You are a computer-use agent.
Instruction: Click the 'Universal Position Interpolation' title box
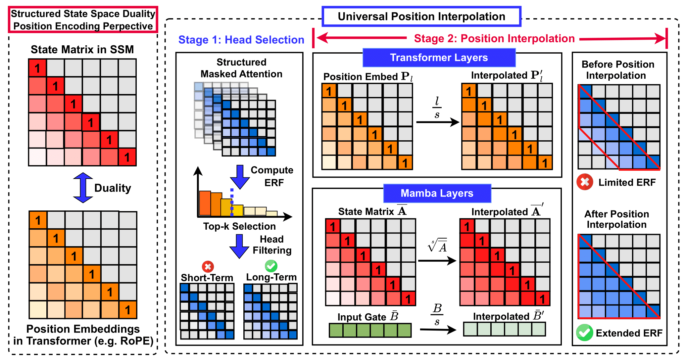421,16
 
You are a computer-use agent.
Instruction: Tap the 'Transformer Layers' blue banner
439,58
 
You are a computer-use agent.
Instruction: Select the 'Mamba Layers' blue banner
437,193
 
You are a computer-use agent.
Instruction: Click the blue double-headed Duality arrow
83,188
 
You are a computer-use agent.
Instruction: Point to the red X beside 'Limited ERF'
585,182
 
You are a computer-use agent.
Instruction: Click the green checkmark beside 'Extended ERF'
584,333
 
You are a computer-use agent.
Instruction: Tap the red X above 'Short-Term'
208,266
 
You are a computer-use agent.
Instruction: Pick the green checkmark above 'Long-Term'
271,266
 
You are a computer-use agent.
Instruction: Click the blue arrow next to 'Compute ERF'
240,177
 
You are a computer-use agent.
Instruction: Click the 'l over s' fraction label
437,108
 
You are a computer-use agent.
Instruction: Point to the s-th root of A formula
438,245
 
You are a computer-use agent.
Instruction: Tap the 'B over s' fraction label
437,314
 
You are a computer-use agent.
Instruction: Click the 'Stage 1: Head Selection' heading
241,40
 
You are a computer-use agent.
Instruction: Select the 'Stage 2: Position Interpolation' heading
494,38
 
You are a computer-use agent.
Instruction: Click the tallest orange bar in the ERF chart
205,203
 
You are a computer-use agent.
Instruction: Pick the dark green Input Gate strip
370,330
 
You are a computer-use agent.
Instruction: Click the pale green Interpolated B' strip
504,329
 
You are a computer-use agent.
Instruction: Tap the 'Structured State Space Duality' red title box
83,20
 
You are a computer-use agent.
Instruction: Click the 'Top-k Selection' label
239,226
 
